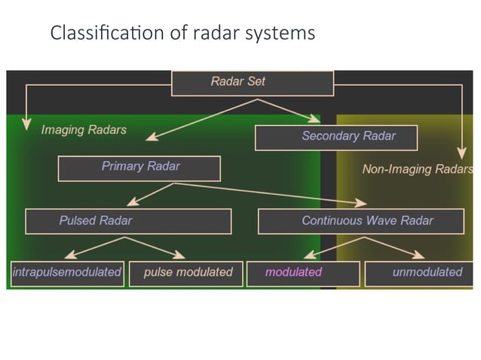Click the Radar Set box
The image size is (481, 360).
coord(253,82)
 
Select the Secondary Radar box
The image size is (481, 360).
coord(335,137)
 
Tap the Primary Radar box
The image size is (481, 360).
coord(139,167)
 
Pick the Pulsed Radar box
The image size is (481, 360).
coord(128,221)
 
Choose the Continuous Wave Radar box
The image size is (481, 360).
coord(367,221)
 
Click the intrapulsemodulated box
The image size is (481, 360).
coord(66,273)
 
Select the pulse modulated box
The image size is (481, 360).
coord(186,273)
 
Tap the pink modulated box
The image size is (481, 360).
coord(302,273)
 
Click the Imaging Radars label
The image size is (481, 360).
coord(84,130)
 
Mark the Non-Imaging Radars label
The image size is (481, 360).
coord(417,169)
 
